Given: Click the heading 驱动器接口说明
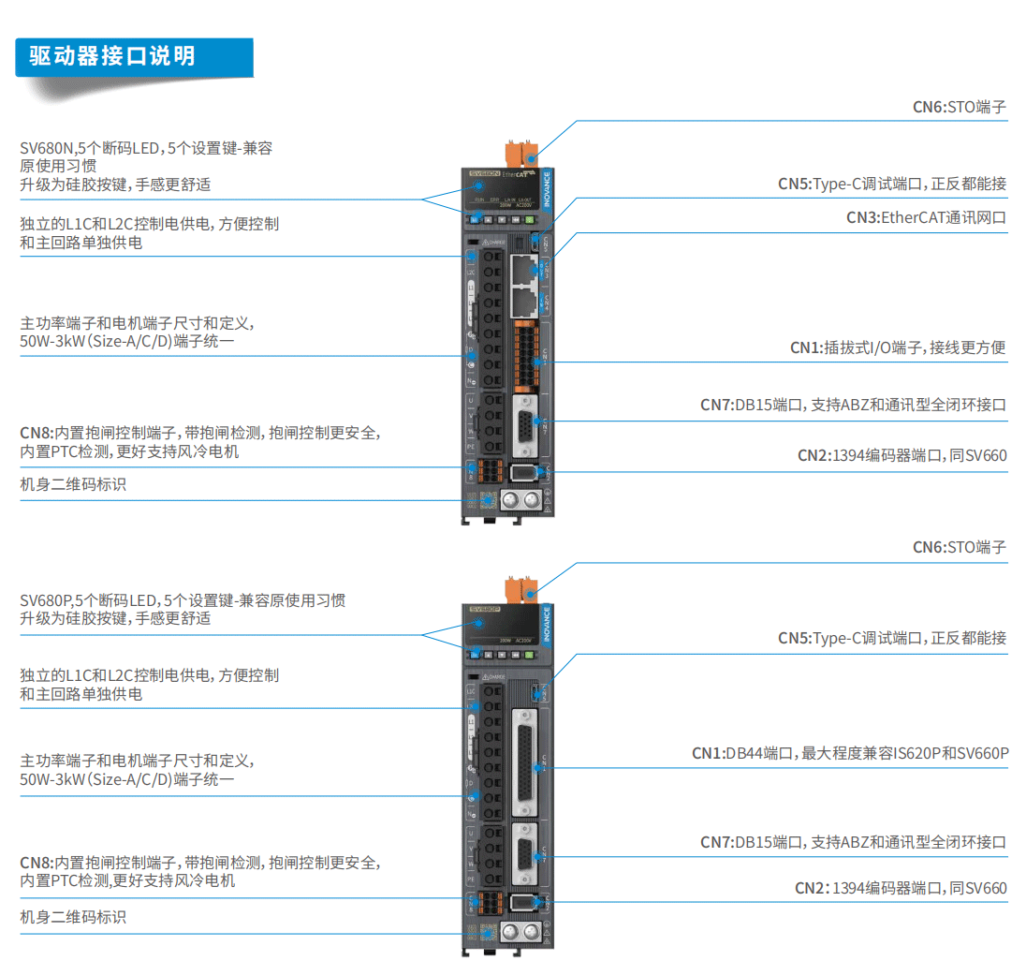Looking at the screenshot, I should tap(111, 56).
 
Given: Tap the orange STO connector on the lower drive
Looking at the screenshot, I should tap(518, 590).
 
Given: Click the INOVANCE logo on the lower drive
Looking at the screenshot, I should tap(547, 623).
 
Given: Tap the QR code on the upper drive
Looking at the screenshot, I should tap(487, 499).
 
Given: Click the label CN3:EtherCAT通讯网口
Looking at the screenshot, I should tap(926, 217).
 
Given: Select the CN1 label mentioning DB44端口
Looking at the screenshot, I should tap(849, 752).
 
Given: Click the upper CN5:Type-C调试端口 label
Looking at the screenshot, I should tap(891, 184).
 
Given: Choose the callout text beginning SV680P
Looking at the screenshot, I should tap(183, 609).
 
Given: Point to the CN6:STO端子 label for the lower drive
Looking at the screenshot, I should tap(959, 546).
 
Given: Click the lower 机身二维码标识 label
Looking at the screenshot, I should tap(73, 917).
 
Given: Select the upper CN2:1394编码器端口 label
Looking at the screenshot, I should tap(901, 456).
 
